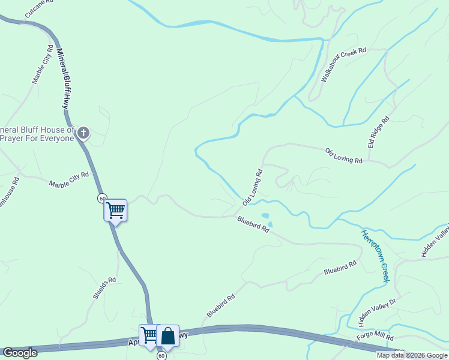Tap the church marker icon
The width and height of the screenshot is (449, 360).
[x=83, y=133]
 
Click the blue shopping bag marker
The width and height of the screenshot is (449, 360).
[x=168, y=336]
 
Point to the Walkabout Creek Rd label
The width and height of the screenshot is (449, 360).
[x=343, y=65]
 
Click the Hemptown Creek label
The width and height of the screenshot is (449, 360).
[x=375, y=255]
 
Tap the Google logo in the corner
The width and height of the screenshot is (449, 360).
[x=20, y=353]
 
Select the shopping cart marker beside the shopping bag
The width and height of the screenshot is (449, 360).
[x=149, y=334]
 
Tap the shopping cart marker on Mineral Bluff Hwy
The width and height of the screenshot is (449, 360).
[x=115, y=210]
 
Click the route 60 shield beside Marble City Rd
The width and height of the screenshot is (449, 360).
[x=103, y=198]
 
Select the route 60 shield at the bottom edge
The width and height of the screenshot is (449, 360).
[x=161, y=356]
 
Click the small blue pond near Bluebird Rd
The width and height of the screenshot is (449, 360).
[x=265, y=216]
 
